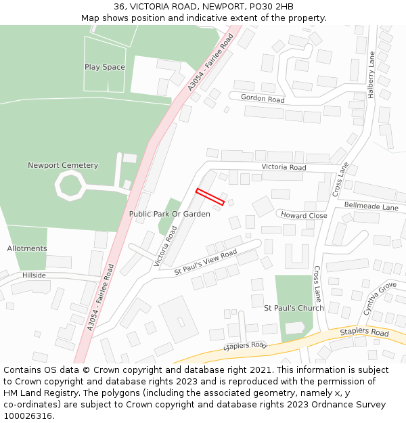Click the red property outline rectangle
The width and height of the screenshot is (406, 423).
tap(210, 196)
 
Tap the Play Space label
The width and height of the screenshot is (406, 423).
tap(104, 67)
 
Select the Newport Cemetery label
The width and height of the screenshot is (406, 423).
tap(63, 165)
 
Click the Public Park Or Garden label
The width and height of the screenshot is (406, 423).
tap(169, 214)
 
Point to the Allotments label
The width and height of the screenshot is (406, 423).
tap(27, 248)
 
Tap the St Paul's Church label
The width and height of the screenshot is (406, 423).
tap(294, 308)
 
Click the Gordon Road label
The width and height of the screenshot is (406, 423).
tap(263, 99)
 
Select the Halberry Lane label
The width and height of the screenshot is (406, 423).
tap(371, 75)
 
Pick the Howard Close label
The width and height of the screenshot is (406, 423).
tap(304, 215)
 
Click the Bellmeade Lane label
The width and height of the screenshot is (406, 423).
tap(371, 206)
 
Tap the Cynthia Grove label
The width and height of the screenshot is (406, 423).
tap(380, 298)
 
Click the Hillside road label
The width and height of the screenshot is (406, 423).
tap(34, 275)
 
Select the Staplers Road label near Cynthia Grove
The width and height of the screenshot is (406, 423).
tap(364, 333)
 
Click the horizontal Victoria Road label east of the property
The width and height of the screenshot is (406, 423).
tap(284, 167)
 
